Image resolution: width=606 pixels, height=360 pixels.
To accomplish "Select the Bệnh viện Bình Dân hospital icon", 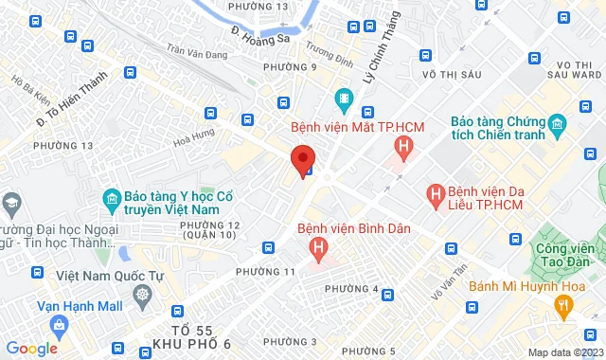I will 319,249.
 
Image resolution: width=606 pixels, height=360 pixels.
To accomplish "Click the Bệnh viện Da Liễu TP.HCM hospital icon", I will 437,195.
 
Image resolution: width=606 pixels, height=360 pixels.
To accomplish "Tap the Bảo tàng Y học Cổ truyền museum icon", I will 111,199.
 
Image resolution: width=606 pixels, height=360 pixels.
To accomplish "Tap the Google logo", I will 31,349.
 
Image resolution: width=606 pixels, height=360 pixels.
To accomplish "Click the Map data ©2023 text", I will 565,353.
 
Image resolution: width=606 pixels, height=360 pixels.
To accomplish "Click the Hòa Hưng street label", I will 195,139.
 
